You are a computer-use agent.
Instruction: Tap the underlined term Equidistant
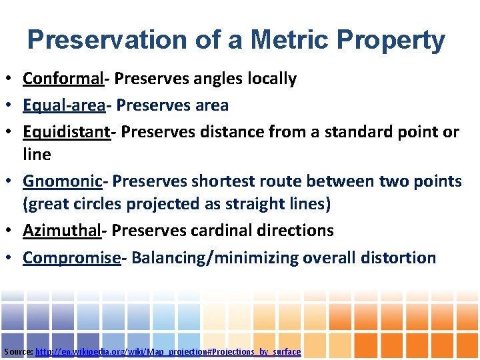pyautogui.click(x=66, y=132)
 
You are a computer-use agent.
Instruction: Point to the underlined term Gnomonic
pyautogui.click(x=62, y=181)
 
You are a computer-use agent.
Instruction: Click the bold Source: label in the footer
pyautogui.click(x=18, y=351)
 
